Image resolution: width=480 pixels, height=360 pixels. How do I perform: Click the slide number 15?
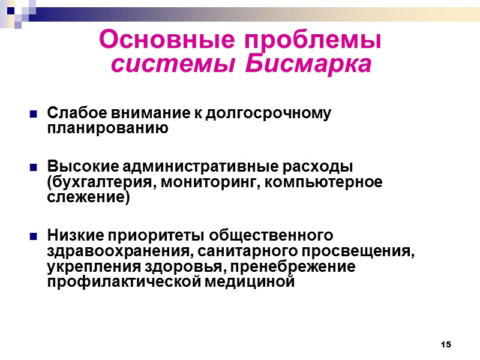445,344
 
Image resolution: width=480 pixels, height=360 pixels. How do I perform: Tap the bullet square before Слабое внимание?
33,113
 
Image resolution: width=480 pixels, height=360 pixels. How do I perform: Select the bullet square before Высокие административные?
33,166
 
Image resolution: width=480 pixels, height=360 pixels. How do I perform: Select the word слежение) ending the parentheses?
88,197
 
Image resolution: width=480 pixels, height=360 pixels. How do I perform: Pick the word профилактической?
119,281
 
